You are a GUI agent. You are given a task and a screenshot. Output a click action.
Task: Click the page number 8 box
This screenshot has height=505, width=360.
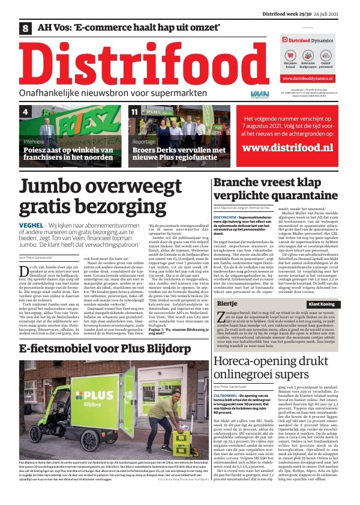coord(26,28)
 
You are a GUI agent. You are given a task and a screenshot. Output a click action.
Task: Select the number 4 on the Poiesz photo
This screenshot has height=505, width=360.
coord(26,112)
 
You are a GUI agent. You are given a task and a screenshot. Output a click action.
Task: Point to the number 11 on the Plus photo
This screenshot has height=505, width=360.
coord(135,112)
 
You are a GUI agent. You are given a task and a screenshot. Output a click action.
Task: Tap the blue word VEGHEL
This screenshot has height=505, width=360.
coord(31,226)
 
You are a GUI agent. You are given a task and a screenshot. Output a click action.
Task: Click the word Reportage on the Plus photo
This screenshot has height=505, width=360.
coord(144,142)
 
